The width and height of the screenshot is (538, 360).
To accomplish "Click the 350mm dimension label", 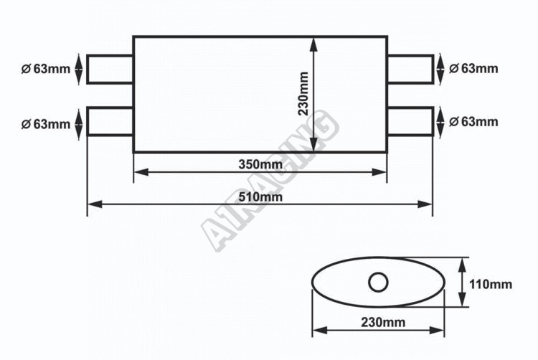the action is tap(260, 164).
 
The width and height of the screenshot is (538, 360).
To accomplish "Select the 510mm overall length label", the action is tap(260, 196).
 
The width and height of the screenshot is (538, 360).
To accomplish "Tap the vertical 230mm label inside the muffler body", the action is tap(303, 94).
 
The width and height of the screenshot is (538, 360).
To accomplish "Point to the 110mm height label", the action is tap(491, 284).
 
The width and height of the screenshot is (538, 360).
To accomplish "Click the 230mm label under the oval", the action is tap(383, 322).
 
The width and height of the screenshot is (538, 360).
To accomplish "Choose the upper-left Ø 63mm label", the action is tap(46, 69).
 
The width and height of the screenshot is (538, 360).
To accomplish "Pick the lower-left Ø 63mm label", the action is tap(46, 124).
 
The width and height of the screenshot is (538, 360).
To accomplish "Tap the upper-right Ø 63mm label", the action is tap(473, 69).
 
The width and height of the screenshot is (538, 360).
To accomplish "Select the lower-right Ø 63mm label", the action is tap(473, 121).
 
